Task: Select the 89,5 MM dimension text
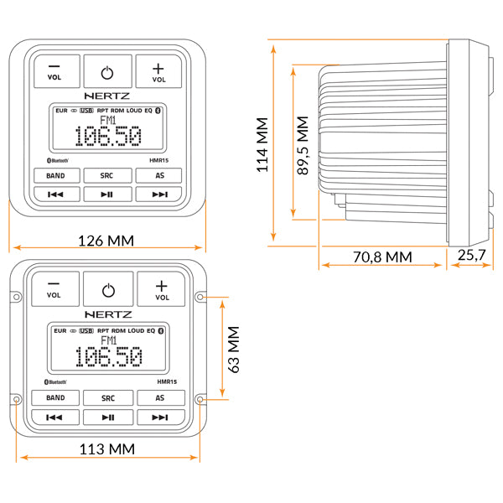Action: [303, 143]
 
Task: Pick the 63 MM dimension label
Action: [236, 349]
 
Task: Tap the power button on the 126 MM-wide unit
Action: [107, 72]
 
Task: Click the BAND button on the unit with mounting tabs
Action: [55, 398]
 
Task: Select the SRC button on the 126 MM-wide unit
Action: [107, 175]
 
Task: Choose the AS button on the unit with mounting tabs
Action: [159, 398]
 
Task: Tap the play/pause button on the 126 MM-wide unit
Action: [107, 194]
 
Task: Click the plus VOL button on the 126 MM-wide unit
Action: [159, 72]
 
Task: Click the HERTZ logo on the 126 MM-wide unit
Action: [107, 96]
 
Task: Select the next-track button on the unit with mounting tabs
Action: [159, 417]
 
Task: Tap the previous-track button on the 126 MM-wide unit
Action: [55, 194]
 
